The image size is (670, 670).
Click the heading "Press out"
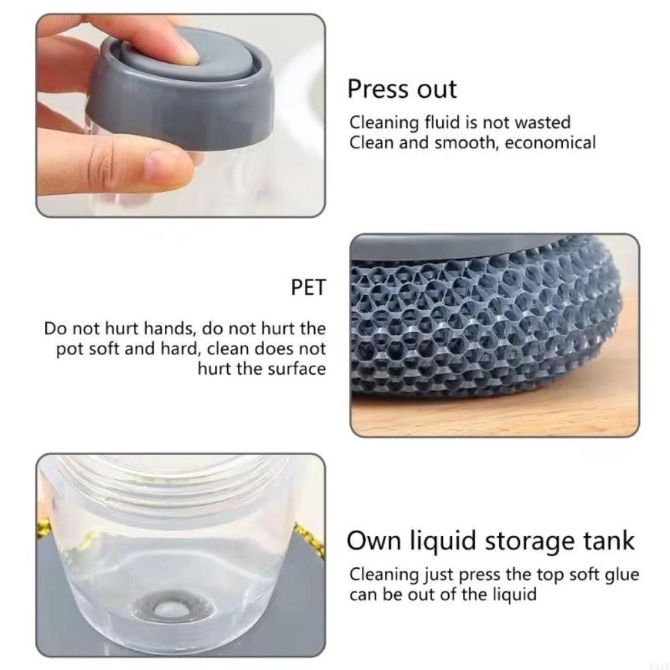coord(401,89)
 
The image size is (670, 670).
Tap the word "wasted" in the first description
coord(540,123)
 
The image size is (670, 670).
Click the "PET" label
coord(308,288)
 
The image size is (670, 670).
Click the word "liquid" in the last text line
coord(513,594)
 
